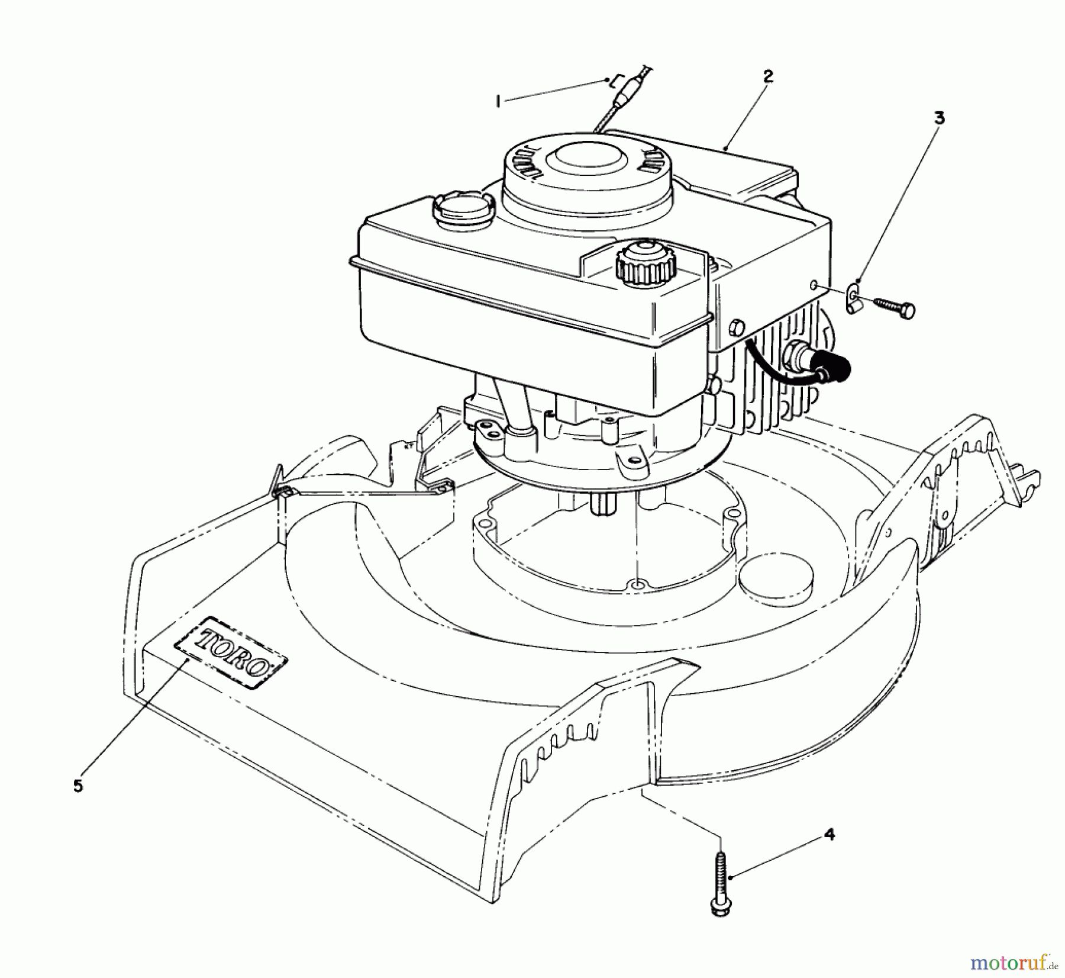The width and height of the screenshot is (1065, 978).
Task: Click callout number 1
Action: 498,102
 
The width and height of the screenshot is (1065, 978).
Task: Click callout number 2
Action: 767,76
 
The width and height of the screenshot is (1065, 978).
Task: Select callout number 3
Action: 939,118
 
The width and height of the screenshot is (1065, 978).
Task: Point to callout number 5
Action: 79,787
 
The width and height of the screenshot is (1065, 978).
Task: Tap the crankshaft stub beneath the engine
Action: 605,503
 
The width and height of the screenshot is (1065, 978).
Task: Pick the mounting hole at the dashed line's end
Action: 637,584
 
